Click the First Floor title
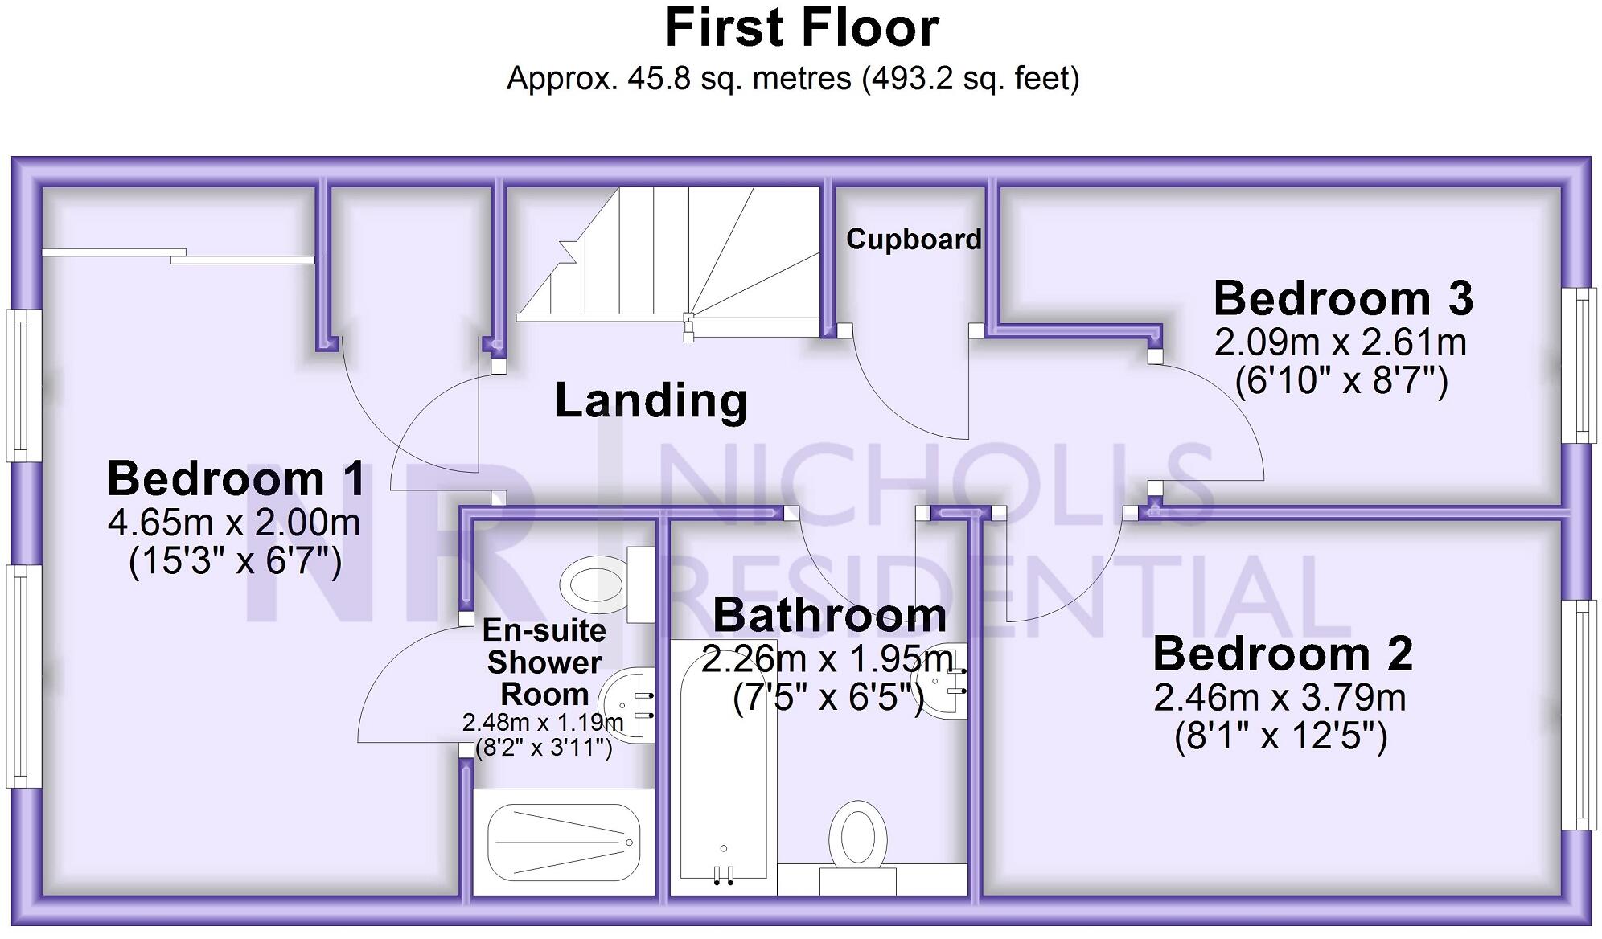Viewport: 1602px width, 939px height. (x=801, y=29)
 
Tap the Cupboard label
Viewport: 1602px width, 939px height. (x=914, y=239)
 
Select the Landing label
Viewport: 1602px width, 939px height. (x=651, y=400)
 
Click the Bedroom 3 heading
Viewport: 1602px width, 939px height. (x=1342, y=298)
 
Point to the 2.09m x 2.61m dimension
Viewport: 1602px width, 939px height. (x=1340, y=342)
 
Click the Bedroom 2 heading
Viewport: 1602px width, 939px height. (x=1282, y=654)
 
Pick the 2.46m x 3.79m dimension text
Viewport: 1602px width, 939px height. (x=1280, y=697)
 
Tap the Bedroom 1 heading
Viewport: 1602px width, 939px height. (x=236, y=479)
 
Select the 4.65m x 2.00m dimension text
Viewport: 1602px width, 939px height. (x=234, y=523)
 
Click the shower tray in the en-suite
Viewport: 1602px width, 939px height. (x=564, y=843)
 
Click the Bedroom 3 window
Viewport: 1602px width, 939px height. (x=1580, y=365)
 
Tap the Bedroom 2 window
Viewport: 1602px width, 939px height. (x=1580, y=715)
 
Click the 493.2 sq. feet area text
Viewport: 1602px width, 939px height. (x=970, y=79)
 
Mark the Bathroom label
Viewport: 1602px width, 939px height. (x=829, y=616)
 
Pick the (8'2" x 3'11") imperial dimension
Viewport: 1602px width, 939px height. (x=544, y=748)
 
